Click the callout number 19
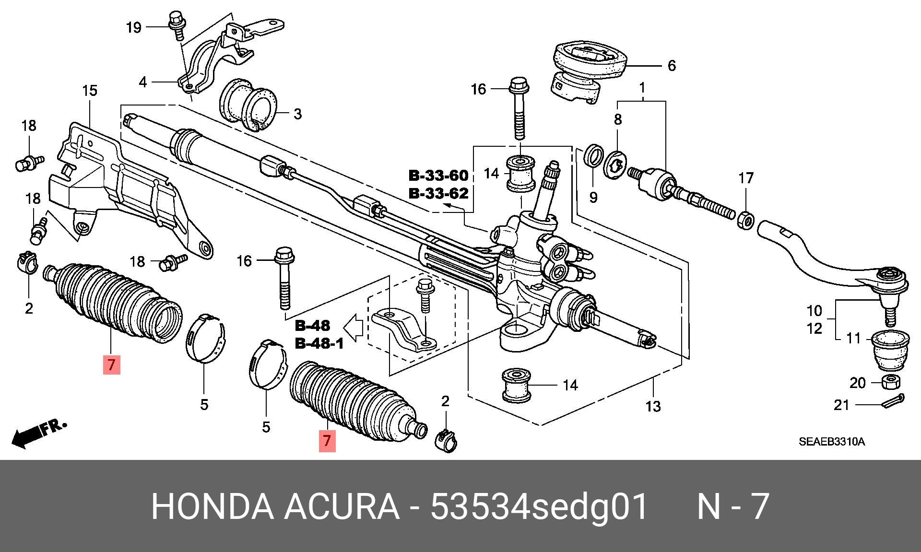point(133,27)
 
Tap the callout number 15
point(90,91)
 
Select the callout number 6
point(672,66)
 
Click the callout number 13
point(653,407)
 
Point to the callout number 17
point(746,178)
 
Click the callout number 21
point(841,405)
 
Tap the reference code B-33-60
point(438,176)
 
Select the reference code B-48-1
point(319,344)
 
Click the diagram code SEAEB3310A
point(831,442)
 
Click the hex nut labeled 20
point(890,382)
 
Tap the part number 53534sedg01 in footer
point(539,506)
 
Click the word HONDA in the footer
point(212,506)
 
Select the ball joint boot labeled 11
point(890,350)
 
